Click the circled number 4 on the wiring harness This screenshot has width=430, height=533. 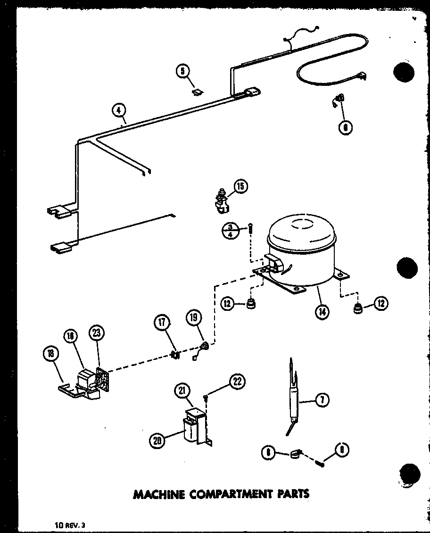coord(119,110)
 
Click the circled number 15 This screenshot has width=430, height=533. coord(240,187)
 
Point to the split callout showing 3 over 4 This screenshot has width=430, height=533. coord(230,231)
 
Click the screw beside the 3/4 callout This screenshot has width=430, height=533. coord(250,229)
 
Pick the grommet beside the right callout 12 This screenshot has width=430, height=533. coord(358,310)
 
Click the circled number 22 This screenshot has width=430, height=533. coord(237,382)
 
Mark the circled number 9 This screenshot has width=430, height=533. coord(341,450)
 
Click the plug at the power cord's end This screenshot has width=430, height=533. coord(362,75)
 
